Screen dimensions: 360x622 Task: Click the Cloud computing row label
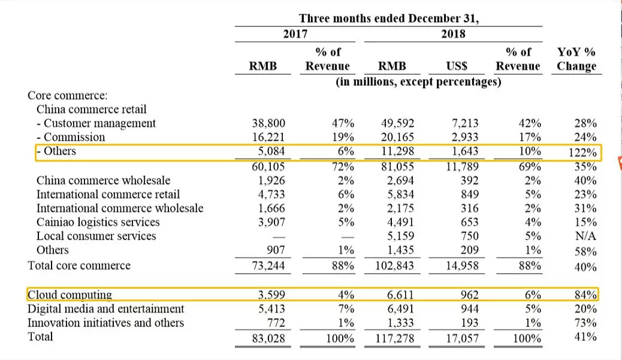70,295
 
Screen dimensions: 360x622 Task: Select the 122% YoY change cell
582,152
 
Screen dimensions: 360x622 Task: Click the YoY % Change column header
576,59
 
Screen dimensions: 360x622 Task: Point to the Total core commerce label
79,265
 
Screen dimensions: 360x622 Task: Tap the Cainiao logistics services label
98,222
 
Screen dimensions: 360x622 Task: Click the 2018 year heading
453,34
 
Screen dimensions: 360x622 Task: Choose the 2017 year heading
295,34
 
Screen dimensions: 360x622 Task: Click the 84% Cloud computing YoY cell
585,295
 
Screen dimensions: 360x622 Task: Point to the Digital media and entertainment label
106,309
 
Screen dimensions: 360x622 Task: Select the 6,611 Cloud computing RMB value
397,295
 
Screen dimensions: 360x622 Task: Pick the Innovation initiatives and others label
106,323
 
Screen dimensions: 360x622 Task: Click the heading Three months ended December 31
389,19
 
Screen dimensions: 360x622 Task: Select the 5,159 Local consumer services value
397,236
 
